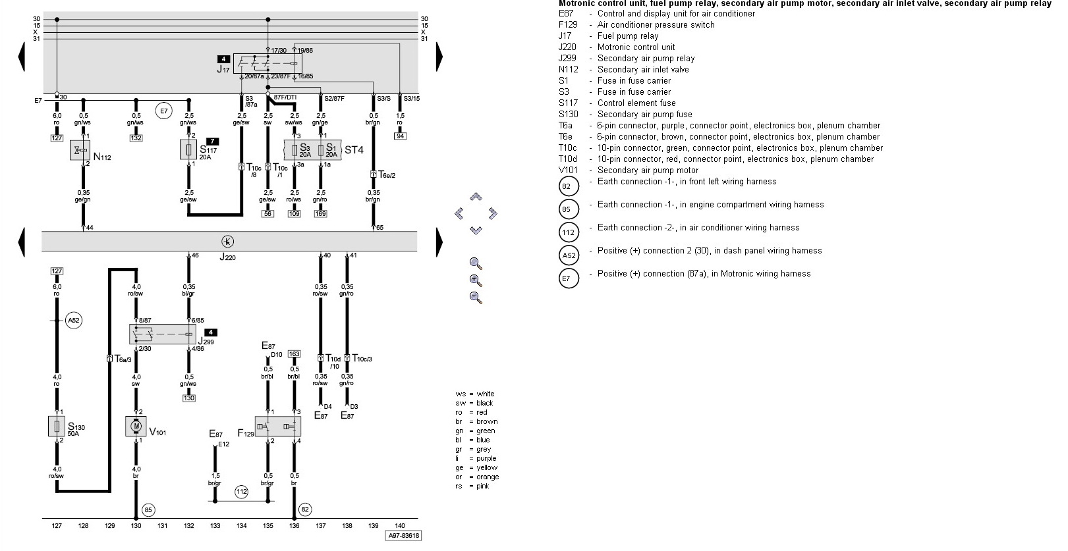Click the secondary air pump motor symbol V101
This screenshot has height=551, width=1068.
click(136, 426)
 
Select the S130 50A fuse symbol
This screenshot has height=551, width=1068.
click(57, 426)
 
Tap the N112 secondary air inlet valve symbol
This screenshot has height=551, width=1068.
click(80, 150)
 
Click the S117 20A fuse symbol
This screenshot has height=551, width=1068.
click(189, 149)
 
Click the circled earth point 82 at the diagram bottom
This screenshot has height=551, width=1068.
click(305, 509)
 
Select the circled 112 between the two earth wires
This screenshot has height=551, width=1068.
click(241, 492)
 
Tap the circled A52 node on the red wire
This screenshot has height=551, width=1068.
click(73, 321)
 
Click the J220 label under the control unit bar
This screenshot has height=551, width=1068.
click(227, 257)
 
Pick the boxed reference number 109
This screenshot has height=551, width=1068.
click(294, 213)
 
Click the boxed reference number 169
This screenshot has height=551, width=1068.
click(320, 213)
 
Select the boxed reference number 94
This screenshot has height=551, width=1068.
click(400, 136)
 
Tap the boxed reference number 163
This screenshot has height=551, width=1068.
click(294, 354)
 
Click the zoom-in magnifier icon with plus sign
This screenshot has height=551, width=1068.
click(476, 280)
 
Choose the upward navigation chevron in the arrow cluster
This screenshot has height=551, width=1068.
click(476, 197)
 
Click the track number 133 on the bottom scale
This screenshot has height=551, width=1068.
click(215, 525)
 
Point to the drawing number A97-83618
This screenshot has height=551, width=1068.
click(403, 536)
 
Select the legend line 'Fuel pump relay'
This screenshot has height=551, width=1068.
click(627, 36)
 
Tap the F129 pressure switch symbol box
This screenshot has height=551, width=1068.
click(278, 426)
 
